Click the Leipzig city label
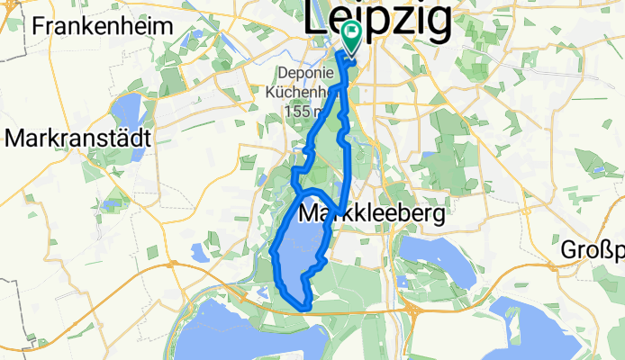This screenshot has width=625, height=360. click(378, 20)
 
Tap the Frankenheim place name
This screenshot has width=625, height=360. click(101, 25)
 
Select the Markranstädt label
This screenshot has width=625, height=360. click(79, 139)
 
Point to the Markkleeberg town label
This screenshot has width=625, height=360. click(371, 215)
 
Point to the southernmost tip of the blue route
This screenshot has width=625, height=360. click(307, 308)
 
